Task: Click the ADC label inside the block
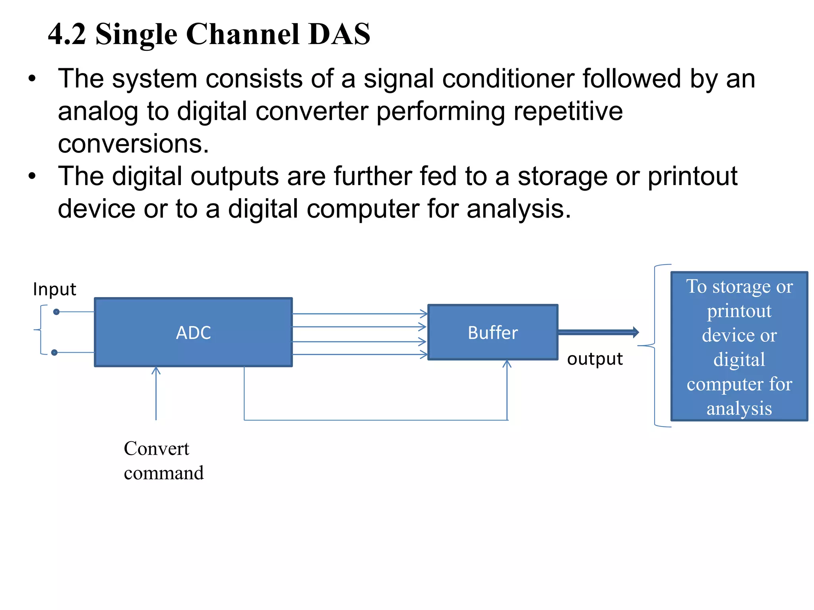click(193, 333)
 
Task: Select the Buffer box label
click(493, 333)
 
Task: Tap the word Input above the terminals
click(54, 289)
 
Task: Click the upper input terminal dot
click(56, 312)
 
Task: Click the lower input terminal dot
click(54, 352)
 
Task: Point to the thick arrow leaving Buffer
click(598, 332)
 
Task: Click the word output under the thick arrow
click(595, 359)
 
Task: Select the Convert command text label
click(163, 461)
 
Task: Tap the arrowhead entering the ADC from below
click(156, 370)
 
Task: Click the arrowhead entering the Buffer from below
click(507, 363)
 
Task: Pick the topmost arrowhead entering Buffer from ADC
click(424, 314)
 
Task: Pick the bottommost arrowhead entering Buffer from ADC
click(424, 355)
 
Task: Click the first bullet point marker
click(32, 79)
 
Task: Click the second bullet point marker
click(32, 176)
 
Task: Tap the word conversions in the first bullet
click(133, 144)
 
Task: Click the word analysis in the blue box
click(739, 409)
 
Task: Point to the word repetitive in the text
click(568, 111)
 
